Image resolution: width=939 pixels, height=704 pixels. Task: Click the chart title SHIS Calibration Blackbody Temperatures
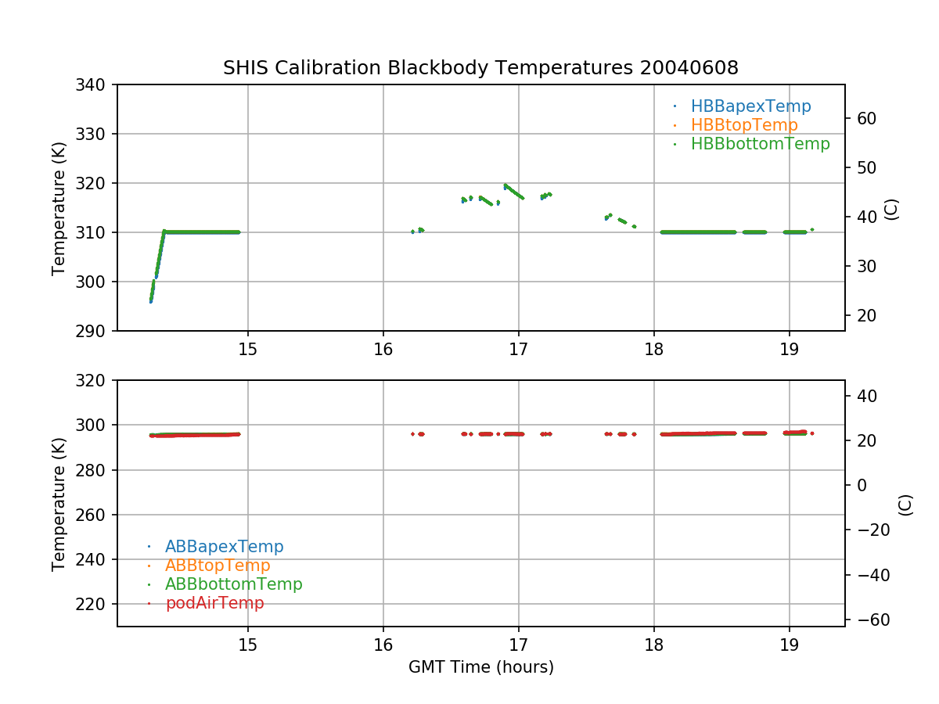[x=480, y=68]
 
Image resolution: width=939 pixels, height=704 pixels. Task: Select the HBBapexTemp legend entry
[x=750, y=106]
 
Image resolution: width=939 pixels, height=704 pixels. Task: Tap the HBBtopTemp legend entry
[x=743, y=125]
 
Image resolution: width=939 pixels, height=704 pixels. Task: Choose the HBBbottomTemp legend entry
[x=760, y=144]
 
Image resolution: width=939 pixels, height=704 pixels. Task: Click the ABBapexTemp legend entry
[x=224, y=547]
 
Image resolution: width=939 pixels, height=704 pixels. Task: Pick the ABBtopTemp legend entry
[x=218, y=566]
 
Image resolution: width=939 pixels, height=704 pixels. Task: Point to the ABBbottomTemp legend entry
[x=233, y=584]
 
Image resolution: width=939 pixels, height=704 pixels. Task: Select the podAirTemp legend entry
[x=214, y=603]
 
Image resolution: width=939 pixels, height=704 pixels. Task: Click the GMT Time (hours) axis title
[x=480, y=667]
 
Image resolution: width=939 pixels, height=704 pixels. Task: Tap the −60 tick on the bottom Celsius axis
[x=869, y=620]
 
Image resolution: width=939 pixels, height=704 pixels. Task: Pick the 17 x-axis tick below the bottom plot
[x=518, y=645]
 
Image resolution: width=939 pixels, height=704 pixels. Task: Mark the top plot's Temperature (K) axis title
[x=59, y=207]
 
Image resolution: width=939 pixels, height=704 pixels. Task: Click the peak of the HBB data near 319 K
[x=505, y=185]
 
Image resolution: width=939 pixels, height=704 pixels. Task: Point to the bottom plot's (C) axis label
[x=905, y=504]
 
